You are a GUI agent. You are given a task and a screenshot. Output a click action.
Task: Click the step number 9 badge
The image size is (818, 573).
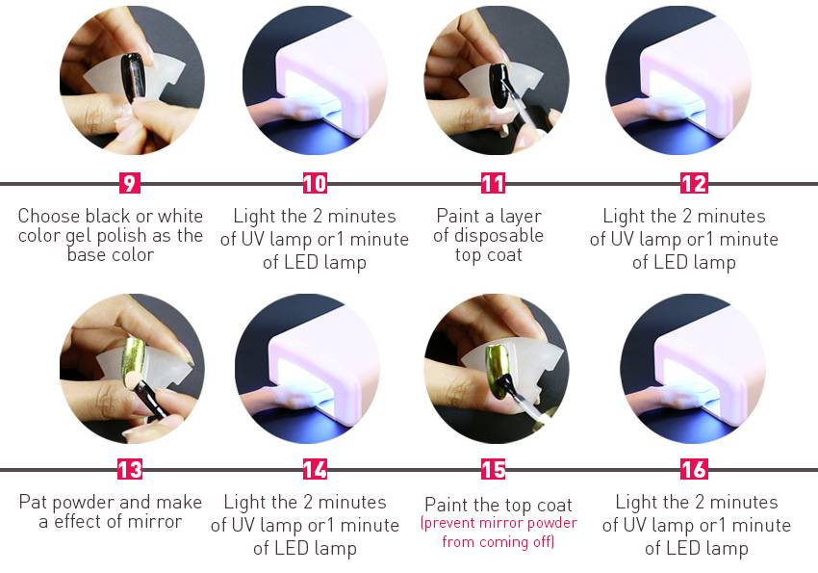[x=129, y=183]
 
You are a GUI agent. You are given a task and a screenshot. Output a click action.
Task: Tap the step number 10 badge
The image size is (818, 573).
[x=315, y=183]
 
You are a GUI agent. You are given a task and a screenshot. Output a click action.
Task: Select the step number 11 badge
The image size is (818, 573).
[x=493, y=183]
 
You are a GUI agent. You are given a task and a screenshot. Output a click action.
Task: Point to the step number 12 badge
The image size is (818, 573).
[x=694, y=183]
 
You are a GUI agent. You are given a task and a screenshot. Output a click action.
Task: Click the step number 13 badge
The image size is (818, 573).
[x=129, y=469]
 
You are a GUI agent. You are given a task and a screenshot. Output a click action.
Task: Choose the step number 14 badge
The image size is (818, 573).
[x=315, y=469]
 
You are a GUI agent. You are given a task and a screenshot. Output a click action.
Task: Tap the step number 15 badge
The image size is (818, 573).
[x=493, y=469]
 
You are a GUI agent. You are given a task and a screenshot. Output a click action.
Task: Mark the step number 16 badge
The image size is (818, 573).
[x=694, y=469]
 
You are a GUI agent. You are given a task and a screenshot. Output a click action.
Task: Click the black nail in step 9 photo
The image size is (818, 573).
[x=133, y=77]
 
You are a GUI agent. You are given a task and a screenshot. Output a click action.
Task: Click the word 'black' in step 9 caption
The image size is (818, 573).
[x=109, y=216]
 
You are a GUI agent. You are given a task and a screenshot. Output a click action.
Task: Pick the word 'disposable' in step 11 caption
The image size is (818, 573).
[x=498, y=236]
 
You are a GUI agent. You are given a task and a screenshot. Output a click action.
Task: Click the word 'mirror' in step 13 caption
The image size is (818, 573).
[x=156, y=521]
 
